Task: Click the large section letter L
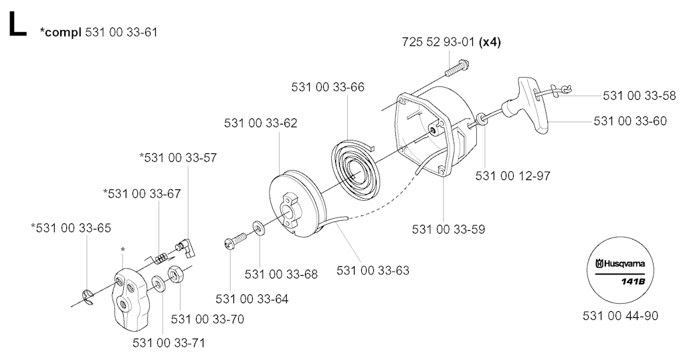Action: (x=17, y=24)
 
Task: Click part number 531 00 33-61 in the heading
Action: (x=122, y=32)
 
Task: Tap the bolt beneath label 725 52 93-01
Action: (x=457, y=68)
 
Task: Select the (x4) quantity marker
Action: (x=490, y=42)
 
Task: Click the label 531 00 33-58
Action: (x=639, y=96)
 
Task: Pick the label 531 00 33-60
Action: (x=630, y=120)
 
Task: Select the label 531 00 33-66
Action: (x=328, y=87)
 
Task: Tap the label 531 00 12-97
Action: (x=513, y=175)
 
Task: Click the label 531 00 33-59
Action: (x=449, y=229)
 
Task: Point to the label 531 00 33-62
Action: (x=261, y=123)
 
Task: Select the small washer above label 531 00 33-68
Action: (x=259, y=228)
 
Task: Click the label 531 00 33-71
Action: (x=169, y=343)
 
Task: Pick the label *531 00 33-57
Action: (x=178, y=158)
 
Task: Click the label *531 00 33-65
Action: (x=71, y=228)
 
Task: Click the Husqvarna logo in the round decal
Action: (x=620, y=264)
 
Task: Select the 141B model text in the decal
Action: (x=633, y=281)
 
